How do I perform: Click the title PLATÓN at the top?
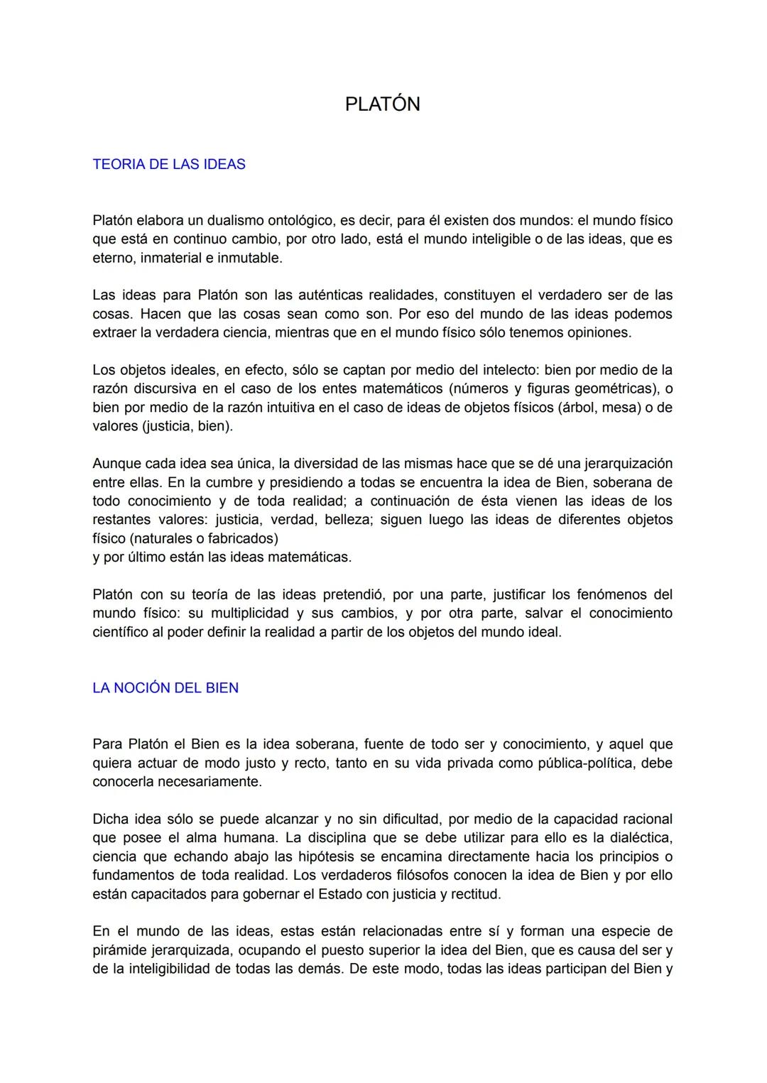(382, 104)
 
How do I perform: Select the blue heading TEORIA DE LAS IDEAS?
(169, 164)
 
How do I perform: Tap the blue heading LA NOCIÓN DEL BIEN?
(165, 687)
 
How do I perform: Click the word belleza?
(347, 519)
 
